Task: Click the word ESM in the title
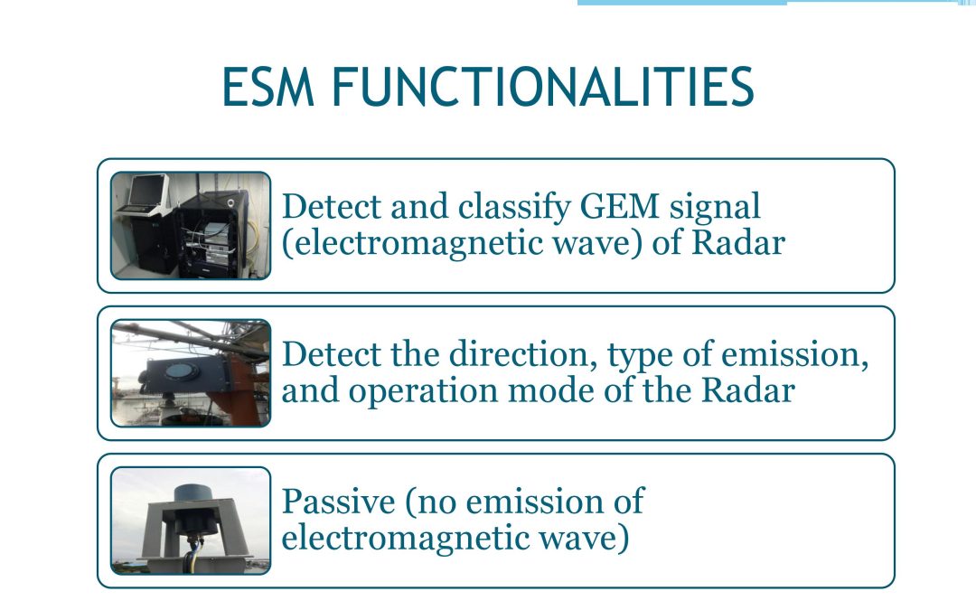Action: (268, 87)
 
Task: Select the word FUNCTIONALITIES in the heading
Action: (543, 87)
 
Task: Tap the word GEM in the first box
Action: (619, 206)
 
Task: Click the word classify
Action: (513, 207)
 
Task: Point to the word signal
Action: (715, 207)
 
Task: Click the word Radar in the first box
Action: (738, 242)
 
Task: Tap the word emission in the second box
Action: (794, 355)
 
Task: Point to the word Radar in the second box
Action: (748, 391)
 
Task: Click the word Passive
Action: (338, 501)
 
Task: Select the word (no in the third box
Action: (431, 502)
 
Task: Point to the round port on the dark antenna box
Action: (183, 371)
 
